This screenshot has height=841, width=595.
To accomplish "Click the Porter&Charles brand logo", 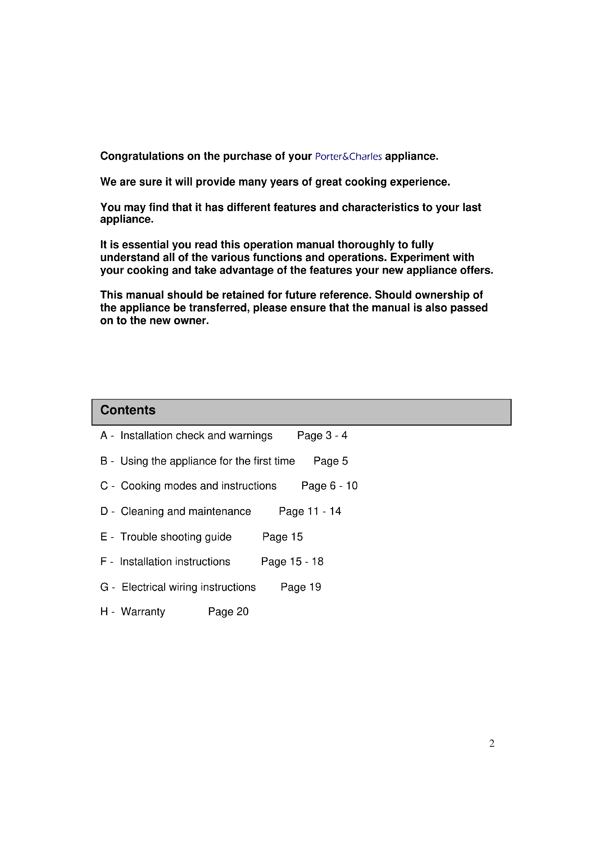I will point(349,157).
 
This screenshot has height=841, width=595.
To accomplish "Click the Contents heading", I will point(128,410).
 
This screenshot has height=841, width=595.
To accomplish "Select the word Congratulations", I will point(142,156).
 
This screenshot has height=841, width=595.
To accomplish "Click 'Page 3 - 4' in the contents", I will point(322,435).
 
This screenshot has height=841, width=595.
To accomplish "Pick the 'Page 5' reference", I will point(331,461).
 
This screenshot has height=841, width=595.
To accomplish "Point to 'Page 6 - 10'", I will point(329,486).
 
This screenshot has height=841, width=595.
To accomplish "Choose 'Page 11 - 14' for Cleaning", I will point(310,511).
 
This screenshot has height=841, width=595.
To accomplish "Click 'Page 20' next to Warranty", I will point(228,611).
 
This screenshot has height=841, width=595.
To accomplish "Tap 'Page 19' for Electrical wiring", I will point(300,587).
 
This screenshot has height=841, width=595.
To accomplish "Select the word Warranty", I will point(143,612).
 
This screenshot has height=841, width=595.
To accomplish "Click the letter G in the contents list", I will point(104,587).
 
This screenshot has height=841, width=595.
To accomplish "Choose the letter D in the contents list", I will point(104,511).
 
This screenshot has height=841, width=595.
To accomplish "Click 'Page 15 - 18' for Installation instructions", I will point(292,562).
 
